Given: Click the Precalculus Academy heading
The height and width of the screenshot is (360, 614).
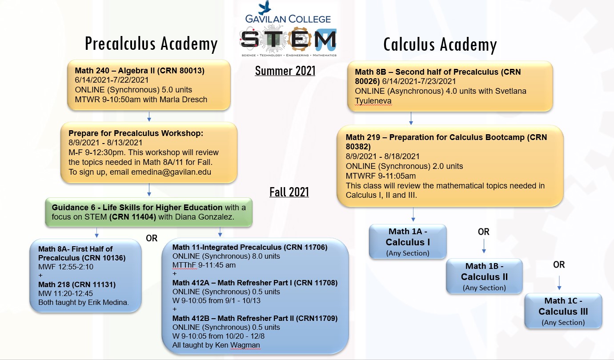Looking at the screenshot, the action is click(151, 44).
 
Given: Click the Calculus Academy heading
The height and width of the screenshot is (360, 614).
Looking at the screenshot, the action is click(440, 44).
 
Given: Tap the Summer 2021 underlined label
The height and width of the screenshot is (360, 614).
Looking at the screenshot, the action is click(285, 71).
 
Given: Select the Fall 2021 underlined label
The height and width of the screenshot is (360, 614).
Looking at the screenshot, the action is click(289, 192).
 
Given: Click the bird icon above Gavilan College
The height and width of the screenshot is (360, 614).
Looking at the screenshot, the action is click(265, 8).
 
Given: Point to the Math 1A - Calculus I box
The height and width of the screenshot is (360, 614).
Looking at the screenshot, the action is click(408, 242).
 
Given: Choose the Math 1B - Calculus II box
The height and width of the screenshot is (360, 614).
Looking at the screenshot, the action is click(484, 276).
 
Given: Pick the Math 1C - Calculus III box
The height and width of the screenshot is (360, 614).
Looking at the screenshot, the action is click(563, 311).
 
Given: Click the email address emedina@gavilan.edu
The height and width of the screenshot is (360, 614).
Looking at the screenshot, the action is click(171, 172).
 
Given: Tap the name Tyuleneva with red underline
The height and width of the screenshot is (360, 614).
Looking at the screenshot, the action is click(373, 101).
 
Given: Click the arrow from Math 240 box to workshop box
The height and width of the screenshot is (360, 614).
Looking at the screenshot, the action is click(149, 116).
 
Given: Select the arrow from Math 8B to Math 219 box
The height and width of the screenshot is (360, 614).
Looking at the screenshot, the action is click(411, 118).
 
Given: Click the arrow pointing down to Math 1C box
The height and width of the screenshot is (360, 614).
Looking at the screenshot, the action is click(559, 283).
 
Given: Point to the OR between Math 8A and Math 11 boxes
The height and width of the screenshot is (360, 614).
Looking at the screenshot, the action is click(152, 238).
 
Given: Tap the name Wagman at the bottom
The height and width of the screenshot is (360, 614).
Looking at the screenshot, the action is click(245, 345).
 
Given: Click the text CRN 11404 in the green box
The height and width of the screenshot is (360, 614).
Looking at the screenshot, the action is click(132, 217).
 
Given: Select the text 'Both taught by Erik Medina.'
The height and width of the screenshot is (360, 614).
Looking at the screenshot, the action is click(84, 303).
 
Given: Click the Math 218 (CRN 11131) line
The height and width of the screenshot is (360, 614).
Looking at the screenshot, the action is click(77, 284).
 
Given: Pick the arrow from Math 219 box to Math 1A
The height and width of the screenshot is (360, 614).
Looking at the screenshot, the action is click(413, 215).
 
